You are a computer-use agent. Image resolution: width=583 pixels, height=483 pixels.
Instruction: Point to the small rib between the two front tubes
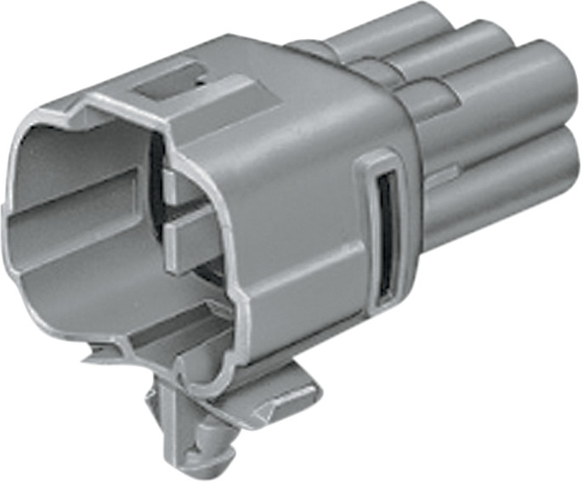point(437,178)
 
